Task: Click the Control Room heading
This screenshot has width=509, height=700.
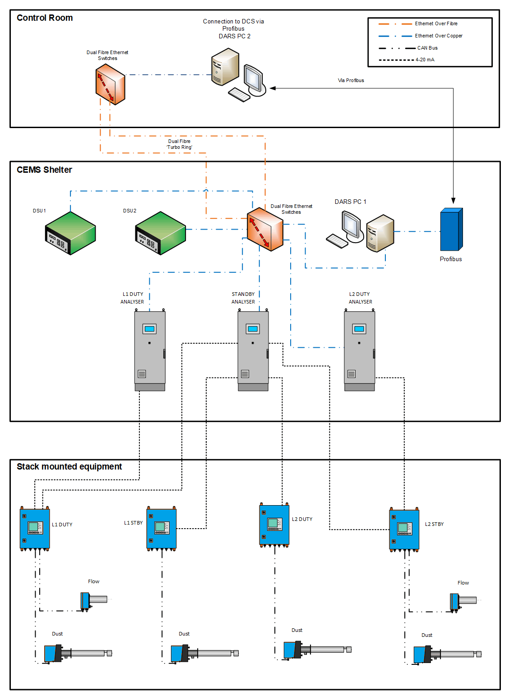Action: click(45, 18)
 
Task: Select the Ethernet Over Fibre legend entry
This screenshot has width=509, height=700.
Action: click(436, 24)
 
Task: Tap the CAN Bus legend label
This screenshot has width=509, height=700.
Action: click(427, 48)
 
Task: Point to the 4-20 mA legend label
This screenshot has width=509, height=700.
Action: click(425, 60)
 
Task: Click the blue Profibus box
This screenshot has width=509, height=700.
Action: click(451, 230)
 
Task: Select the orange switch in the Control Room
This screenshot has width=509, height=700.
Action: click(110, 84)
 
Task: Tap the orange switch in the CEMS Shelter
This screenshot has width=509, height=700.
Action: click(265, 229)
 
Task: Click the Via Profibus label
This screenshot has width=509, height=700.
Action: click(351, 81)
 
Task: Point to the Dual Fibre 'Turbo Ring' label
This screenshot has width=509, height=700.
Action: click(179, 144)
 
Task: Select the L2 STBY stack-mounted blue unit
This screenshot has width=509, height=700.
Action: click(404, 530)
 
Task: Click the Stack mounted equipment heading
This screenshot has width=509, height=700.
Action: click(69, 467)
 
